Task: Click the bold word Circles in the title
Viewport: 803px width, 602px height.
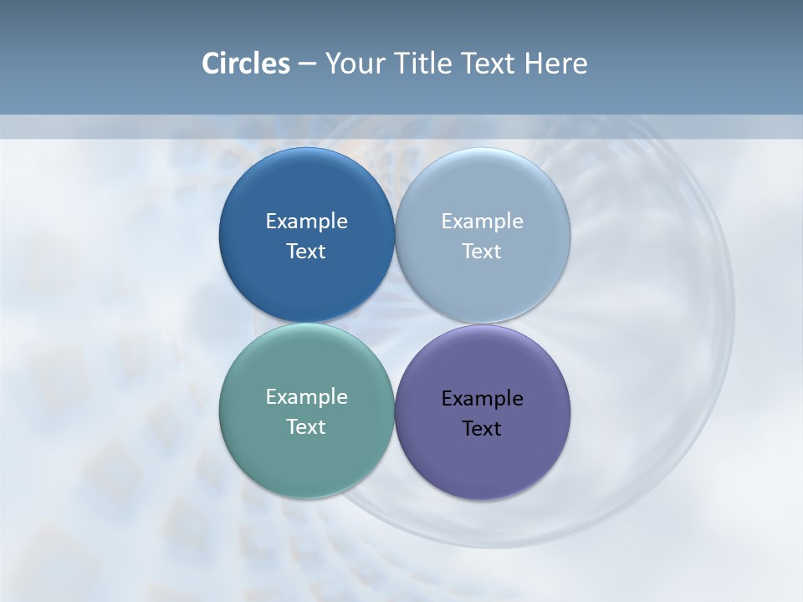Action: [245, 64]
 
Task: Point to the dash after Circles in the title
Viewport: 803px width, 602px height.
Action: [307, 64]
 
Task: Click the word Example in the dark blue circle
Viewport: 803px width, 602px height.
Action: [306, 221]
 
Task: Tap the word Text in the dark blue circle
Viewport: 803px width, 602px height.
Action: [306, 251]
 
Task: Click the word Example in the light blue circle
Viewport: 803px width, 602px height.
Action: [482, 221]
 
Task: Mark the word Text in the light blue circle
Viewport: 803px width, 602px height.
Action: [482, 251]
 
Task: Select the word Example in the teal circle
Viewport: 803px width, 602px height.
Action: [306, 396]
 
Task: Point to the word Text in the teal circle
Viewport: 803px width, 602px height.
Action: [306, 426]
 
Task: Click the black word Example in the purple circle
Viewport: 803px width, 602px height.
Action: [482, 398]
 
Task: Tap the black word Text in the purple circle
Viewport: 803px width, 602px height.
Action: [482, 428]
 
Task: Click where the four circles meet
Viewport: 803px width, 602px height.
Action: [394, 324]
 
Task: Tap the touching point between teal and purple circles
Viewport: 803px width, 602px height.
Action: [394, 411]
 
